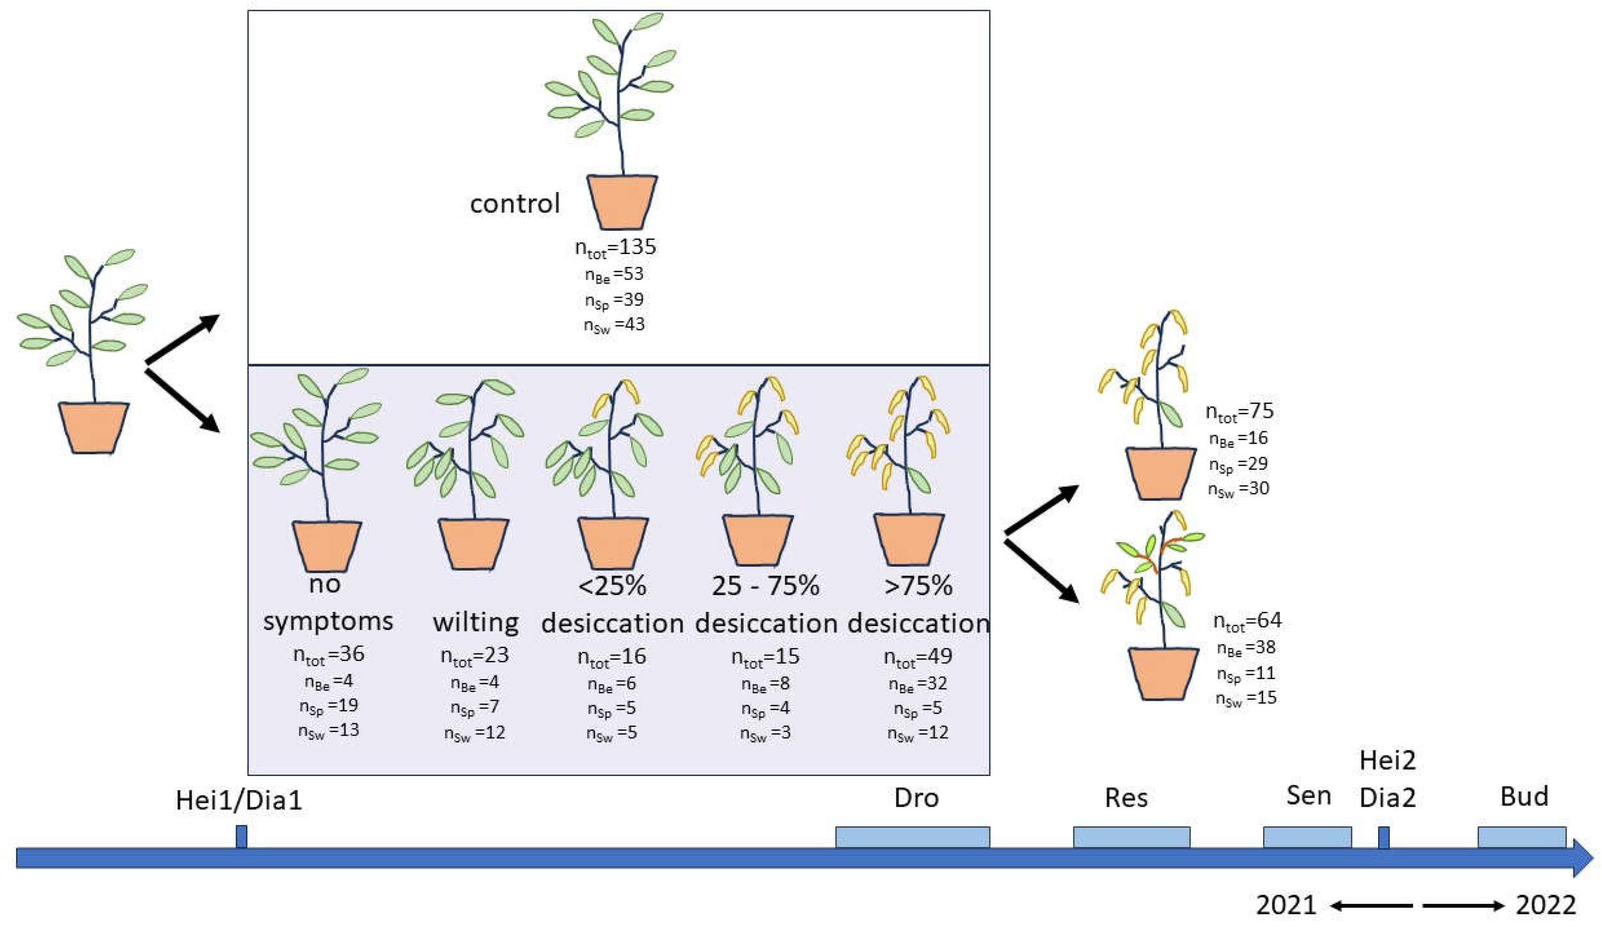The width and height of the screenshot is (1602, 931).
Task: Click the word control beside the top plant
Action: (x=515, y=204)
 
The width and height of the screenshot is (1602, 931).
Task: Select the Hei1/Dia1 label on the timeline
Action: (x=239, y=800)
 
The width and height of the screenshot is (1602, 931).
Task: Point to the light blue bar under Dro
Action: (x=912, y=837)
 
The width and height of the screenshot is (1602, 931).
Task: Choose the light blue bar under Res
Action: (x=1132, y=837)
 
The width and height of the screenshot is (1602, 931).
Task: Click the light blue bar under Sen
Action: (x=1307, y=837)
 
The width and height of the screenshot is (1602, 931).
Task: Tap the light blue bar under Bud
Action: (x=1522, y=837)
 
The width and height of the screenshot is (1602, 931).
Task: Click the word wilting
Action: (x=475, y=622)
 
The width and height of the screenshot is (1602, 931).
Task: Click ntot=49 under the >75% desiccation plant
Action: (x=918, y=656)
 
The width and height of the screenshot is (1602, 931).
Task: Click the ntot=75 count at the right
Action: (x=1240, y=412)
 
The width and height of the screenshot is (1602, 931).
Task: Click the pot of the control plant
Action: (x=621, y=202)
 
